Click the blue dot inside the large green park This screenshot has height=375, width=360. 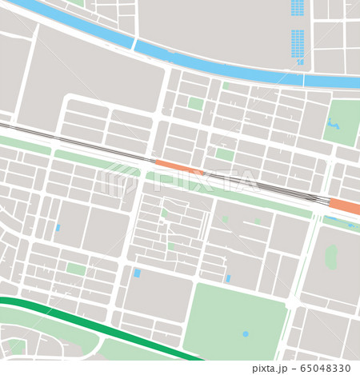click(x=245, y=333)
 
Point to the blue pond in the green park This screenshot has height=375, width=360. click(x=331, y=124)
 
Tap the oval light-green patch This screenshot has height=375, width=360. click(x=331, y=257)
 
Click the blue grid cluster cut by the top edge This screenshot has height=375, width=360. click(x=298, y=7)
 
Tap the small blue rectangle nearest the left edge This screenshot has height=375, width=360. click(x=58, y=228)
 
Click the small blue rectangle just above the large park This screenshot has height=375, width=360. click(x=228, y=277)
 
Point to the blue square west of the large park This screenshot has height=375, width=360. click(x=137, y=273)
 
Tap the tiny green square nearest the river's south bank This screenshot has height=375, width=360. click(x=226, y=86)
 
